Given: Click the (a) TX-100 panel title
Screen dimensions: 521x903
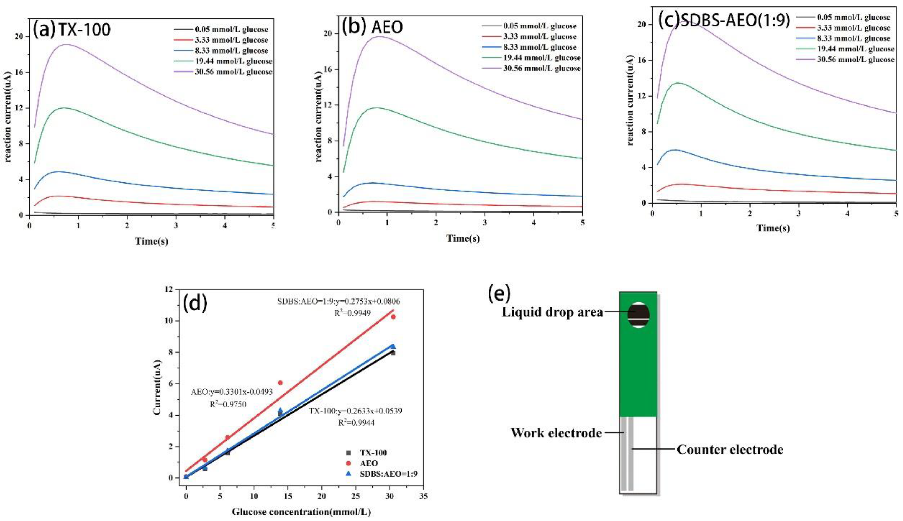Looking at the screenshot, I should pyautogui.click(x=71, y=29).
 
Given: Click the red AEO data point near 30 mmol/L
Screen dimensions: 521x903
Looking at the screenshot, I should pyautogui.click(x=393, y=317).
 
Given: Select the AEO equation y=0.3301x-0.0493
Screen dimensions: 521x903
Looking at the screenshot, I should pyautogui.click(x=232, y=392).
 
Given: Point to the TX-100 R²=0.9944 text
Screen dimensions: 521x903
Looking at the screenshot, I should pyautogui.click(x=356, y=423).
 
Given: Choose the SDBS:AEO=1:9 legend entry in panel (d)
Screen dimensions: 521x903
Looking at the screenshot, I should pyautogui.click(x=388, y=474).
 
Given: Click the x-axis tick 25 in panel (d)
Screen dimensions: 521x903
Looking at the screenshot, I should pyautogui.click(x=355, y=496).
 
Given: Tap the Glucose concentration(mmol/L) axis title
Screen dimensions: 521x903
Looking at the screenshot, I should pyautogui.click(x=301, y=512).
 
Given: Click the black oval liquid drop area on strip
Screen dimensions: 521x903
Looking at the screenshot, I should pyautogui.click(x=638, y=315).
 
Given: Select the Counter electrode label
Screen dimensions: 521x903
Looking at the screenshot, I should pyautogui.click(x=729, y=450).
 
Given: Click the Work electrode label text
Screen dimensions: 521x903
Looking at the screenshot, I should pyautogui.click(x=556, y=433).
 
